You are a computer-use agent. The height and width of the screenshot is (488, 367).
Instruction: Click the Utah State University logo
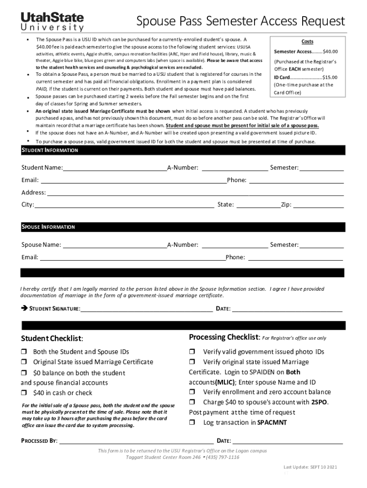pos(52,22)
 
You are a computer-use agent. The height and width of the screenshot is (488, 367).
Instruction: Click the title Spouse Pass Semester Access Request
pos(240,21)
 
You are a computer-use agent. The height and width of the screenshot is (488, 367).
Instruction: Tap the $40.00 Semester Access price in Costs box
pos(330,51)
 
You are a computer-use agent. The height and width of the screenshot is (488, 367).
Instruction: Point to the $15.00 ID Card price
pos(329,77)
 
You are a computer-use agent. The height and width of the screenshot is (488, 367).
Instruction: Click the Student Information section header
pos(50,151)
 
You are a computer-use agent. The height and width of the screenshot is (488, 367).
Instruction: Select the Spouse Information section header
pos(48,227)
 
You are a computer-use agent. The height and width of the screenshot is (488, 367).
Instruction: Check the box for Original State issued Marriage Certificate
pos(23,362)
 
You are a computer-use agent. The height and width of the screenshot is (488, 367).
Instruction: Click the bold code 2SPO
pos(319,402)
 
